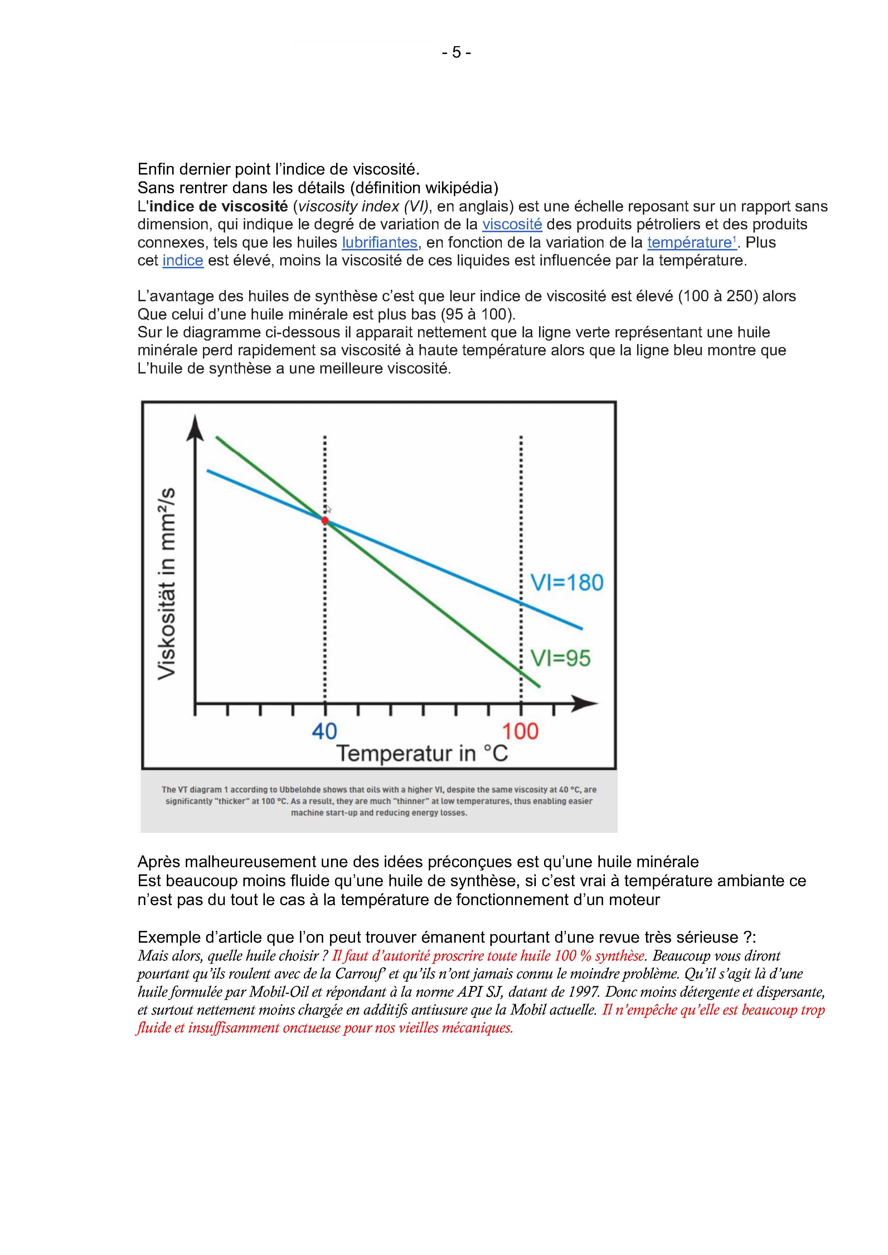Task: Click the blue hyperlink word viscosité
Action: click(x=512, y=224)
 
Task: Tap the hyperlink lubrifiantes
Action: click(x=379, y=242)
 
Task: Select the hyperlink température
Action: click(x=690, y=242)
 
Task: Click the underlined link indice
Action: click(x=183, y=260)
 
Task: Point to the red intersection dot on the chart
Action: click(x=325, y=521)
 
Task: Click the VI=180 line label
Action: click(x=567, y=583)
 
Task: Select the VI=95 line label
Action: click(x=561, y=658)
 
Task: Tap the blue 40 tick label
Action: click(x=324, y=731)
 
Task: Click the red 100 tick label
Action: click(x=520, y=731)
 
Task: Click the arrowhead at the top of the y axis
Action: click(x=195, y=429)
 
